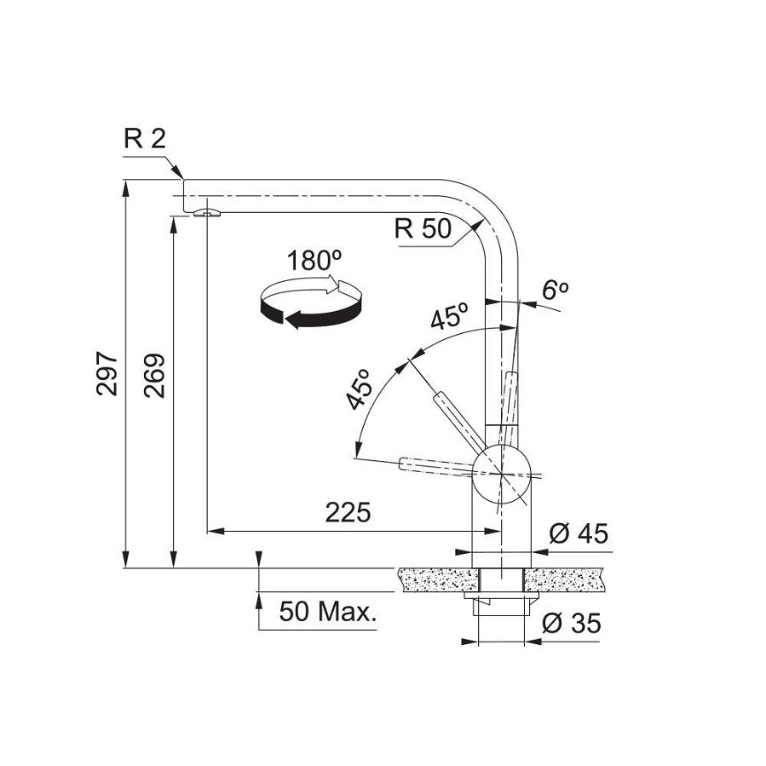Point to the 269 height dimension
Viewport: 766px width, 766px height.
pos(154,375)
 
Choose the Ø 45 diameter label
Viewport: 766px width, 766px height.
pos(579,534)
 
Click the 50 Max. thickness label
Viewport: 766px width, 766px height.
pos(328,612)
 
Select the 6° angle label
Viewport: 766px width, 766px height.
pos(556,291)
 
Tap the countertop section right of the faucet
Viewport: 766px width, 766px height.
pos(567,580)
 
